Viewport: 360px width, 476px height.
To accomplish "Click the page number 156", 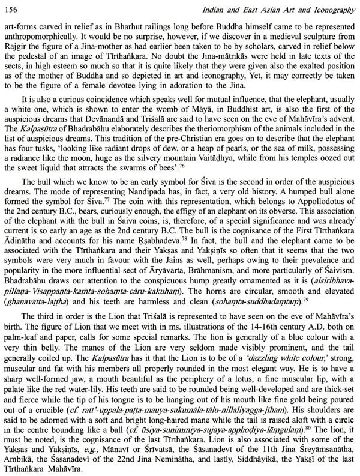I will pos(10,7).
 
